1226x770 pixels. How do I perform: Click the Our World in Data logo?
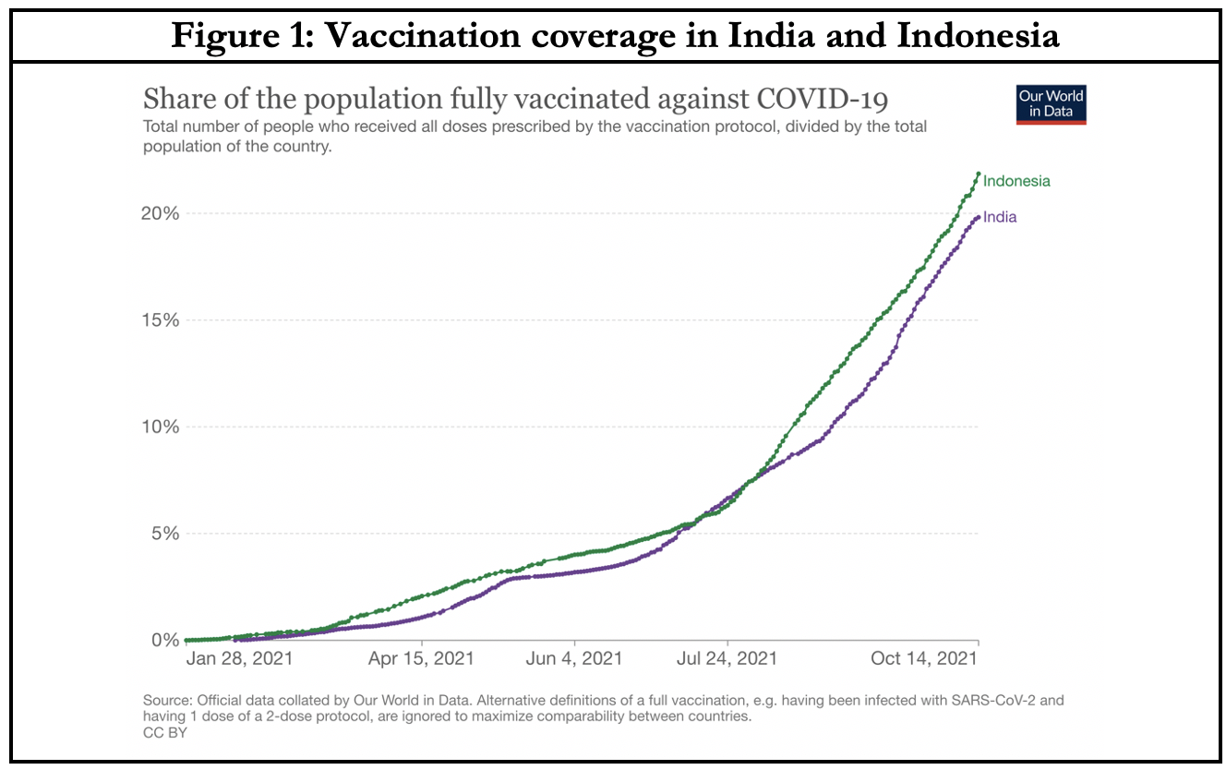[x=1051, y=104]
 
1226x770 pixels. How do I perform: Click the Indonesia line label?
[x=1016, y=181]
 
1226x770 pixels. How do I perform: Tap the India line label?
[x=1000, y=217]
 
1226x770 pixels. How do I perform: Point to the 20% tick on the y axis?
[x=159, y=213]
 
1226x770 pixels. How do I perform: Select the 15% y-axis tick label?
[x=159, y=320]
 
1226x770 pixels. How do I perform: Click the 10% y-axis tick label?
[x=159, y=427]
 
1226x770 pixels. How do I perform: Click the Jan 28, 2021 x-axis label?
[x=240, y=658]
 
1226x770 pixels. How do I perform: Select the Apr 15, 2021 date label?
[x=422, y=658]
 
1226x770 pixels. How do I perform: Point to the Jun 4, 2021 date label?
[x=574, y=658]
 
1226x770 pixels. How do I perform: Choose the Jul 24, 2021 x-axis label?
[x=727, y=658]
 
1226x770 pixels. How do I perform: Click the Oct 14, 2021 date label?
[x=924, y=658]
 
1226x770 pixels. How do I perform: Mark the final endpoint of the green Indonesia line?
[x=978, y=174]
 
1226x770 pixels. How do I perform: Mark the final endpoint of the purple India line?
[x=978, y=217]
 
